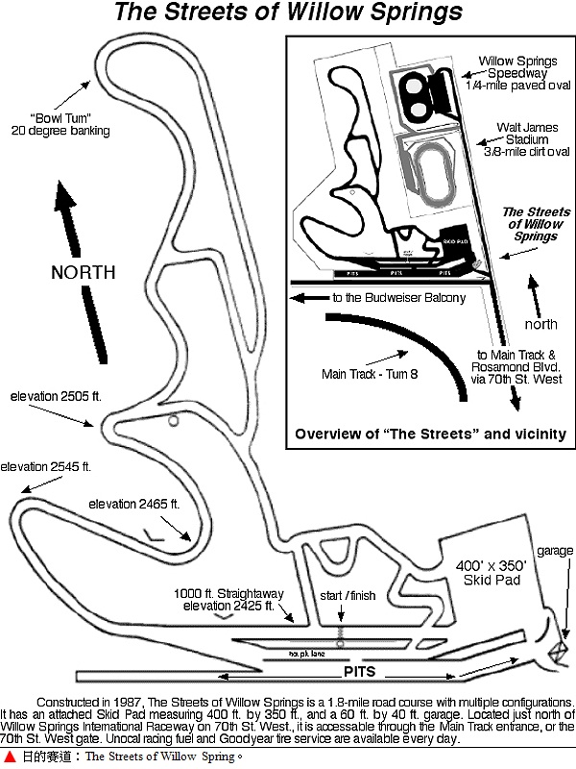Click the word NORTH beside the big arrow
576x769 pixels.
tap(84, 272)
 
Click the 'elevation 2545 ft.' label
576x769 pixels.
tap(45, 466)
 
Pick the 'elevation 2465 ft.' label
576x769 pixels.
tap(134, 504)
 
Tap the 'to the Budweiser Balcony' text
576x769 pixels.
tap(398, 298)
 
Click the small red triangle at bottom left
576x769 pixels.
tap(10, 757)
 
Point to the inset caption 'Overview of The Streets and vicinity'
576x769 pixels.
tap(429, 434)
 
